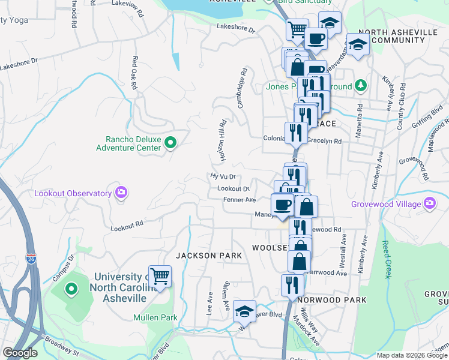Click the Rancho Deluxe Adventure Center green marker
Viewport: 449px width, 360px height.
[x=170, y=143]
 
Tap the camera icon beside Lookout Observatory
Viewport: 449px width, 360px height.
[x=122, y=193]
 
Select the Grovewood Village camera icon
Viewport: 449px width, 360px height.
[x=429, y=204]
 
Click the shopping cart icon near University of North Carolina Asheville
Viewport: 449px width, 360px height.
[x=160, y=277]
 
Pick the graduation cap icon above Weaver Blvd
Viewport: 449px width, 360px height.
[x=244, y=311]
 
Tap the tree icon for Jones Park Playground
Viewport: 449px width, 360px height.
[x=360, y=85]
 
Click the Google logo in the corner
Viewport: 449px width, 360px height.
[x=20, y=353]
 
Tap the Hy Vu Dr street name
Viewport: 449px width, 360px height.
[x=223, y=176]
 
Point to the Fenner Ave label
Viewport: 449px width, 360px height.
[x=240, y=200]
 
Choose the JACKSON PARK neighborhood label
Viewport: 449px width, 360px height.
[x=208, y=256]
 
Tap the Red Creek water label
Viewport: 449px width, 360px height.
[x=386, y=260]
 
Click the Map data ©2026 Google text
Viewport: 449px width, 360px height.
[x=411, y=355]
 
